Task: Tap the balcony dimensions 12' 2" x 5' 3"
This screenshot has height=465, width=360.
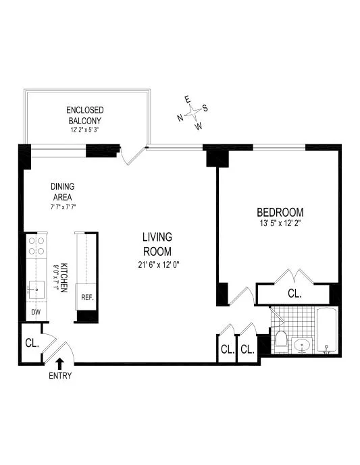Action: (84, 129)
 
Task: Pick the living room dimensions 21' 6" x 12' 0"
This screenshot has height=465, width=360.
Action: (157, 264)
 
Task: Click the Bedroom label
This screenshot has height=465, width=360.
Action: (279, 211)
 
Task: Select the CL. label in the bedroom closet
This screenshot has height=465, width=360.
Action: (294, 294)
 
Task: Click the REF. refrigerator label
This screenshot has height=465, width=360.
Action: (87, 297)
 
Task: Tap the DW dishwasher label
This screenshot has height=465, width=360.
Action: (36, 312)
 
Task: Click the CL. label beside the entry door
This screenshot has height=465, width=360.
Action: (31, 343)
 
